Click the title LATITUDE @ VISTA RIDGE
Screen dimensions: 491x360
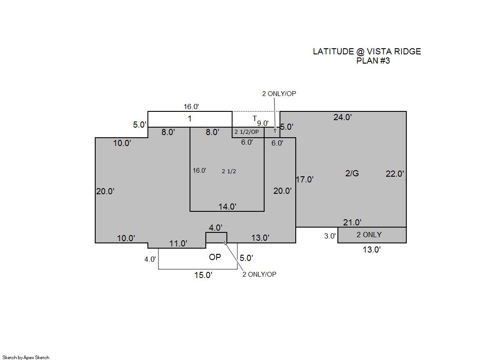367,51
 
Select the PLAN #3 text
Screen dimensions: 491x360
373,61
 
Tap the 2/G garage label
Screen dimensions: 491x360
352,173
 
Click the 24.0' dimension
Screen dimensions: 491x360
343,118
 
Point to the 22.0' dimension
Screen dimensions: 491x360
394,174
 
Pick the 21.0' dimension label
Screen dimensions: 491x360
352,223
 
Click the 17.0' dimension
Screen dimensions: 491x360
305,179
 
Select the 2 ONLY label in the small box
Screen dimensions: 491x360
369,235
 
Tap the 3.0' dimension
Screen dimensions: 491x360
330,236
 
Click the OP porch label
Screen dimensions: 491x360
215,257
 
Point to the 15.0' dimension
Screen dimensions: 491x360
203,275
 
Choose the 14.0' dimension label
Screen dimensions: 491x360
227,207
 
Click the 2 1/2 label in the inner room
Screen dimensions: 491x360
229,171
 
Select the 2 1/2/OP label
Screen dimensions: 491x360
247,132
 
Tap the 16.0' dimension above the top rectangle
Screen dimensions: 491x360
191,107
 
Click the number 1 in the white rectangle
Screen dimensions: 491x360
190,119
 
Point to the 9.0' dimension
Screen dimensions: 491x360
263,123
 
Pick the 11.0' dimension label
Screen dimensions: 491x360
178,243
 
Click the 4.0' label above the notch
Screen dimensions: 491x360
215,228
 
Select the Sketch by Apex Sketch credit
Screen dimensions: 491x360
26,357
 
